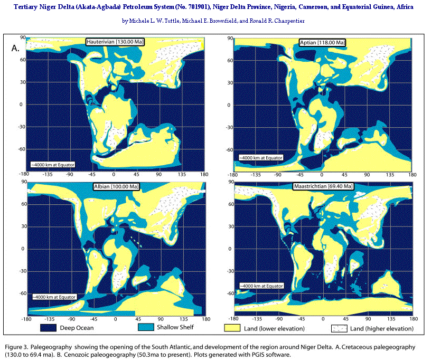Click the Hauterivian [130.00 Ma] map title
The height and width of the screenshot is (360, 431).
(x=116, y=42)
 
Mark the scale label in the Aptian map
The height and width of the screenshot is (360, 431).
(x=260, y=158)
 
